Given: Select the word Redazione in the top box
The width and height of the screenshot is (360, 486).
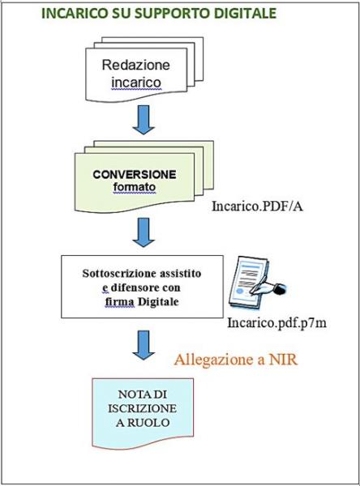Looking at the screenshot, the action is click(136, 65).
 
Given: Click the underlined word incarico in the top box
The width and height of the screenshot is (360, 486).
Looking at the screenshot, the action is click(136, 83).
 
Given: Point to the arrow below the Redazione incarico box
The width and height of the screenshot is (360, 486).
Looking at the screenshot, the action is click(144, 120).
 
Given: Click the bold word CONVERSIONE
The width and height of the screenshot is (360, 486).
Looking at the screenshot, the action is click(135, 174).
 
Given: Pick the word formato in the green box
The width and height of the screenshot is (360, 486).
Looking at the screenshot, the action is click(135, 187).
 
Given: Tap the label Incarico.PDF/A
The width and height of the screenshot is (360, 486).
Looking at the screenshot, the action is click(257, 206).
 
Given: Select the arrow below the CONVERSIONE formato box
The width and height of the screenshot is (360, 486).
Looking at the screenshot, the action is click(144, 232).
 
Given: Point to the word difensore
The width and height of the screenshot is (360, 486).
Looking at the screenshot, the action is click(129, 288).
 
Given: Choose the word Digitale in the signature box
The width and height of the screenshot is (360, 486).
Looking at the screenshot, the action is click(158, 301).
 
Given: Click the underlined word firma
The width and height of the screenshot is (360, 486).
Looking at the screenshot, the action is click(120, 302).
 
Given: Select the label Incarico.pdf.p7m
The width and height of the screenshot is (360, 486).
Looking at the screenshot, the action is click(276, 323).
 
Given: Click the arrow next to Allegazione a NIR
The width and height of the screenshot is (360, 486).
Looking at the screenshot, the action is click(144, 345).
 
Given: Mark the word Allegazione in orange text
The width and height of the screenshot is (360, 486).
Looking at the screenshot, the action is click(214, 360).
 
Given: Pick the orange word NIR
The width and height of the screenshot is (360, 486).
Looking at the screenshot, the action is click(283, 360).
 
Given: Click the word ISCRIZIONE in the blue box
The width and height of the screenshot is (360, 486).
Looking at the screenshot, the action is click(143, 408).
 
